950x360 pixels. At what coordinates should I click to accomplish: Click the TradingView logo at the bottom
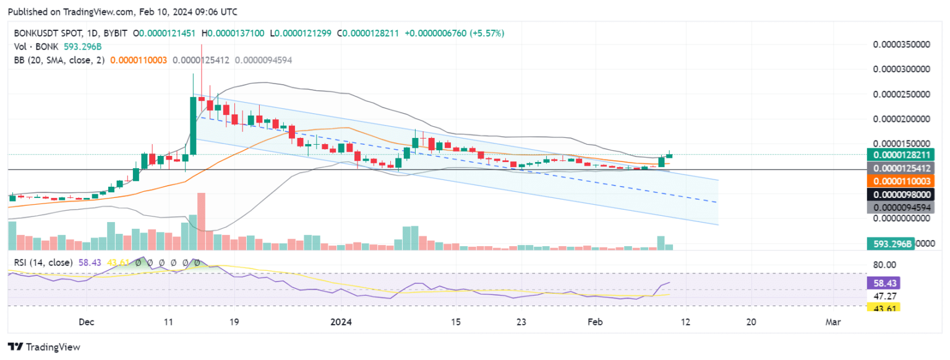(x=44, y=347)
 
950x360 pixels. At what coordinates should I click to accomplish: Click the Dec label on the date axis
(x=87, y=322)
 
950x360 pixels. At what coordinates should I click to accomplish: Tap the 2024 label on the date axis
(x=341, y=322)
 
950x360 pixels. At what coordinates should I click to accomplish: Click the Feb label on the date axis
(x=595, y=322)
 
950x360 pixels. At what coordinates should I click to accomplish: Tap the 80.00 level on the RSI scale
(x=884, y=265)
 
